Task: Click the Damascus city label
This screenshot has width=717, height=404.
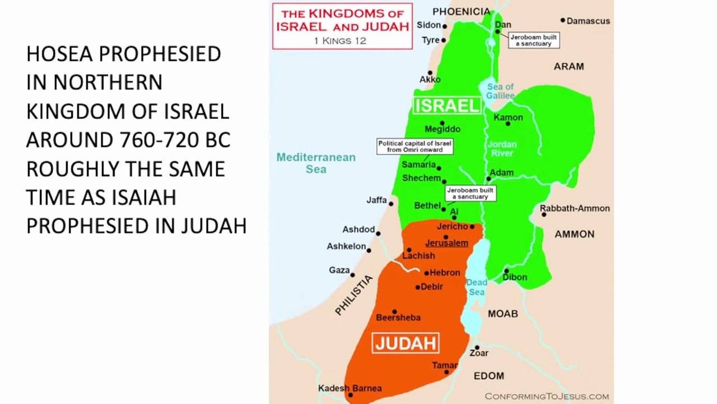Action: pos(588,21)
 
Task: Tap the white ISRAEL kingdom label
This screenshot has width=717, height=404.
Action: pos(446,105)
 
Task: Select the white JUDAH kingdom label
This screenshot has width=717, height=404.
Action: pos(406,343)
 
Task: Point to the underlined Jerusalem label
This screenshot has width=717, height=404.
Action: pos(446,243)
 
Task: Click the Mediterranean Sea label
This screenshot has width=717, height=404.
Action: pos(316,163)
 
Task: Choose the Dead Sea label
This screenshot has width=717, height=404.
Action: pos(477,287)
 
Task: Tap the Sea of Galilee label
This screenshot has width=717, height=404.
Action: pos(500,91)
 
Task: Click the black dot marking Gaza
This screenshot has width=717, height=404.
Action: pos(352,275)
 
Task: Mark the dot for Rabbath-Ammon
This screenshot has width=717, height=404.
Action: pos(543,214)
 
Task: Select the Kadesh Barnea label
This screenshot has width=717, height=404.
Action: pos(350,388)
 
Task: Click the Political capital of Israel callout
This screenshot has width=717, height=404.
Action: pos(415,146)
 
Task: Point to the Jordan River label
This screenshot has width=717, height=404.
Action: pos(502,149)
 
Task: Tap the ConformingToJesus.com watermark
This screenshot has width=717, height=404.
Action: pos(547,396)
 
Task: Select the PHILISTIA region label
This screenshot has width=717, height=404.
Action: pos(353,295)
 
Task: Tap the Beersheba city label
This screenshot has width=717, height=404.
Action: pos(398,318)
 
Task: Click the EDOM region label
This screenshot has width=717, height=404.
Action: pos(488,376)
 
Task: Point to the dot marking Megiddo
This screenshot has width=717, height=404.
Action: pos(442,123)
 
